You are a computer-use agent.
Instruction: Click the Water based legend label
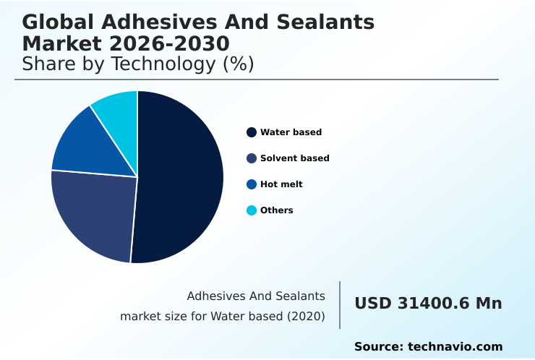(x=291, y=132)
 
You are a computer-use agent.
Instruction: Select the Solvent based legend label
(x=294, y=158)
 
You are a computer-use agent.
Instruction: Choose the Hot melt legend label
(x=281, y=184)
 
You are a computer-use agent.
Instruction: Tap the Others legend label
(x=276, y=210)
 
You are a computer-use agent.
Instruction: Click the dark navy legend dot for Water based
(x=252, y=132)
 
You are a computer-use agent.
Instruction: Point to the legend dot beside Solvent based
(x=252, y=158)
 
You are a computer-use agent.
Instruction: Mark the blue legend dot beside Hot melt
(x=252, y=184)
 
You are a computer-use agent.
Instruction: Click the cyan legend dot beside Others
(x=252, y=210)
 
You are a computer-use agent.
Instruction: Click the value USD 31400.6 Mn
(x=428, y=304)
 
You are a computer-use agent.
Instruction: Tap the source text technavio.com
(x=455, y=347)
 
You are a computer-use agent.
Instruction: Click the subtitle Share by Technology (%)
(x=138, y=64)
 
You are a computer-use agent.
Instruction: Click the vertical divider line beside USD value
(x=340, y=304)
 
